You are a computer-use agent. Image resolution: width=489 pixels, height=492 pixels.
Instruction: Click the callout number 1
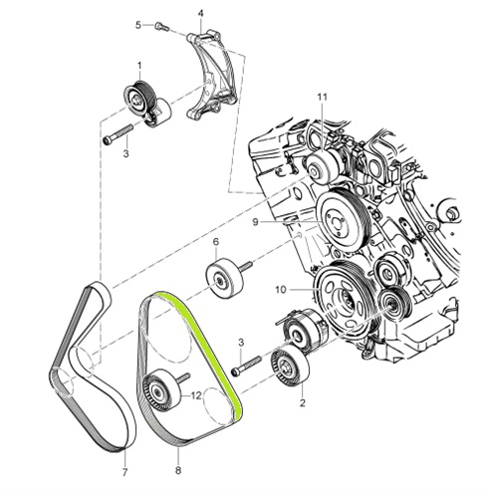pyautogui.click(x=139, y=66)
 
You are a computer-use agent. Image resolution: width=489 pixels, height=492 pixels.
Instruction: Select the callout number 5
pyautogui.click(x=140, y=24)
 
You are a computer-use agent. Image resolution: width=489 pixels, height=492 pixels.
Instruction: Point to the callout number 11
pyautogui.click(x=322, y=96)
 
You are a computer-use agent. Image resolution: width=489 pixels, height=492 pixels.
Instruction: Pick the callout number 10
pyautogui.click(x=282, y=289)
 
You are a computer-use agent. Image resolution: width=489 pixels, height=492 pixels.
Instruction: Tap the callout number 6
pyautogui.click(x=215, y=242)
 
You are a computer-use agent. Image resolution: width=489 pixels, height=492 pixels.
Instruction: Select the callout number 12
pyautogui.click(x=197, y=395)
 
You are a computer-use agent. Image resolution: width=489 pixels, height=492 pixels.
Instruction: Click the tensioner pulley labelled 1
pyautogui.click(x=137, y=98)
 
